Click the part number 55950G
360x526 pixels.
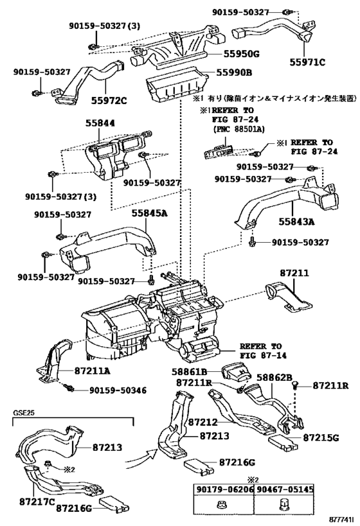(x=239, y=54)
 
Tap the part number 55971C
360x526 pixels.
(x=307, y=62)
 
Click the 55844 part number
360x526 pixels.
(x=100, y=124)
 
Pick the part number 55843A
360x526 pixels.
(x=296, y=222)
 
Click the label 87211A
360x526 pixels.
(x=92, y=371)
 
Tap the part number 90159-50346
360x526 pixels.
(x=118, y=390)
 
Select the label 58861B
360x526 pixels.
(x=190, y=372)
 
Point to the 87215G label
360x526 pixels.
(x=321, y=438)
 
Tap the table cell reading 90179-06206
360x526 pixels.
(x=224, y=489)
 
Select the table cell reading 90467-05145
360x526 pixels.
(x=284, y=489)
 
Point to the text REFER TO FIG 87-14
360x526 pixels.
(x=263, y=351)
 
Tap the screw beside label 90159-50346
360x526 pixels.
(x=70, y=388)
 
